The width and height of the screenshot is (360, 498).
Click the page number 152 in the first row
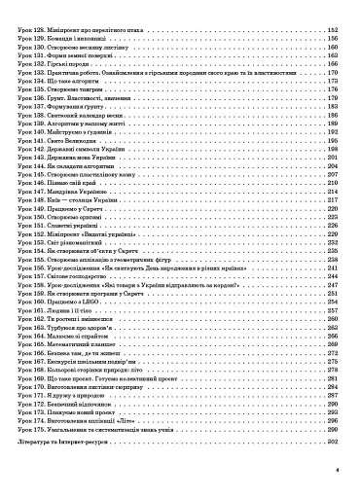point(331,31)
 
